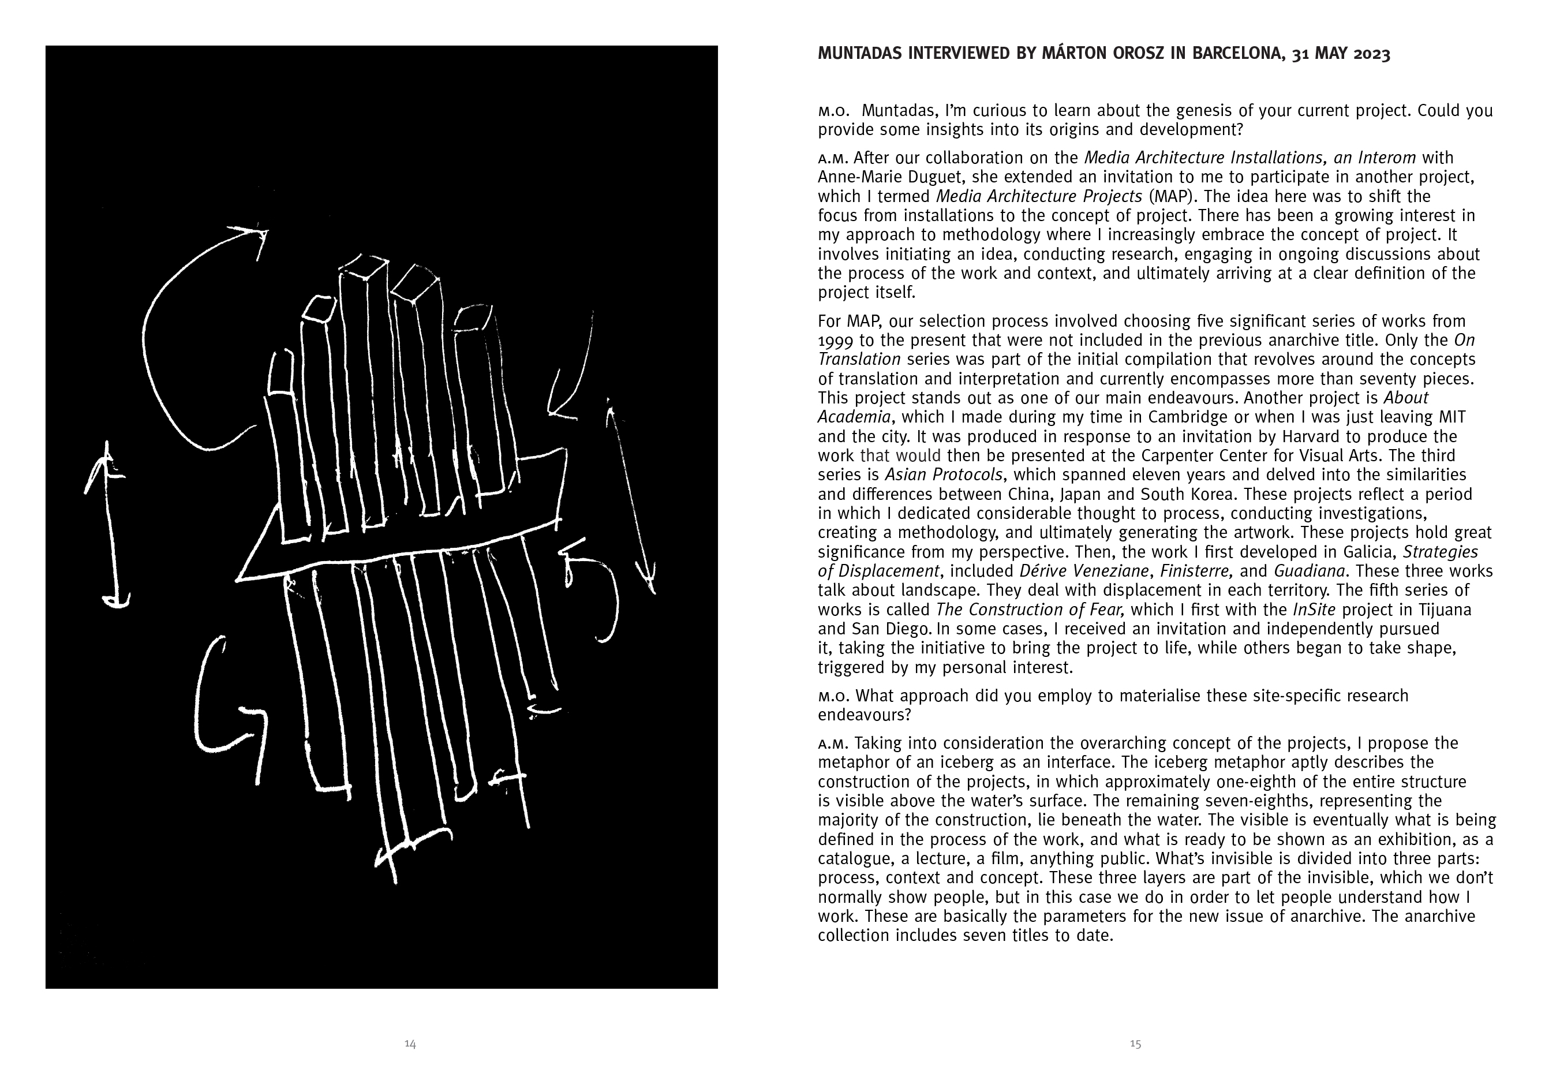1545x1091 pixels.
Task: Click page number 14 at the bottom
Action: click(410, 1044)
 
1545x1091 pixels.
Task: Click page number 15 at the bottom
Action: click(1135, 1044)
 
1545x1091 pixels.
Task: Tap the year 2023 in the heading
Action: click(1369, 54)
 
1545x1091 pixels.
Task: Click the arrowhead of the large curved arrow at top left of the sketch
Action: click(259, 234)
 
